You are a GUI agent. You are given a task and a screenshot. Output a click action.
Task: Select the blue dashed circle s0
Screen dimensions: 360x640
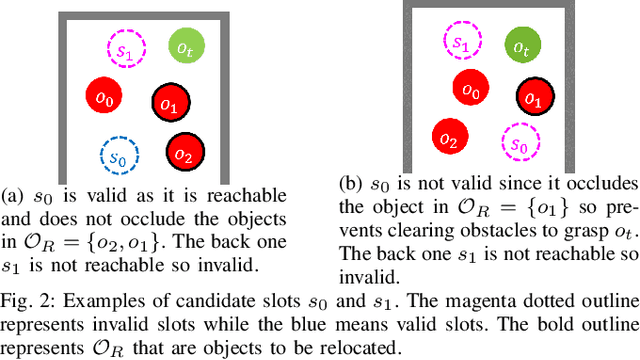[119, 156]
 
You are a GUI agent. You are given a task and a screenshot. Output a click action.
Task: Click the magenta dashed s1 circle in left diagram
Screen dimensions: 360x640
[127, 49]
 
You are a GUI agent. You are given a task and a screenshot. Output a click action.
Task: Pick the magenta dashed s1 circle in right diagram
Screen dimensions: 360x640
[461, 42]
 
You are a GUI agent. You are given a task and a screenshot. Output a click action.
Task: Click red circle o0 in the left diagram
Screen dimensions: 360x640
[103, 97]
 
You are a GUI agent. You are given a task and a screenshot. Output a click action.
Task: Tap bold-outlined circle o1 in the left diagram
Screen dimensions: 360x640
[169, 103]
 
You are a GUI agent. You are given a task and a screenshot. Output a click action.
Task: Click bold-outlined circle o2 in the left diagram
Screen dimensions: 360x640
[183, 154]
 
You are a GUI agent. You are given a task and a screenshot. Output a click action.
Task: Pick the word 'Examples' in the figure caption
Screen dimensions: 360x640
[99, 300]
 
